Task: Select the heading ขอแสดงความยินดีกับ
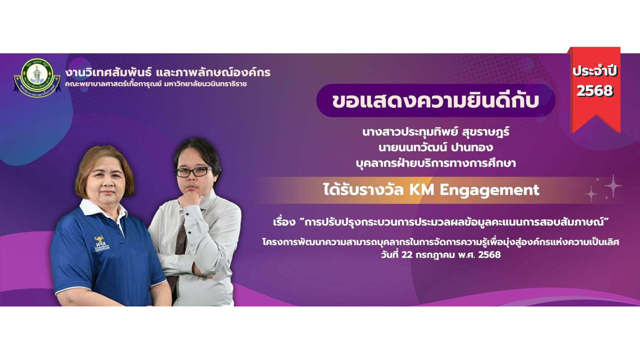coord(435,101)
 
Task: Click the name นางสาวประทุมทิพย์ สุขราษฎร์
coord(436,132)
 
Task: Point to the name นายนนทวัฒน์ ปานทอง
coord(436,147)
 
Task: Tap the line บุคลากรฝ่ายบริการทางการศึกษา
coord(436,163)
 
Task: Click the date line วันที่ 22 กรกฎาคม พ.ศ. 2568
coord(441,255)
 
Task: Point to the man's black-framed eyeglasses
coord(194,171)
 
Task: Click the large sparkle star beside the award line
coord(613,186)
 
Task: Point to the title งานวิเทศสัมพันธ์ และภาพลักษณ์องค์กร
coord(168,72)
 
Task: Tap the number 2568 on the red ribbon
coord(595,90)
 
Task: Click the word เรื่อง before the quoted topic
coord(284,222)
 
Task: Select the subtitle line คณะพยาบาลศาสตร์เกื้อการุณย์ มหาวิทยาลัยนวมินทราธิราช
coord(156,84)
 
